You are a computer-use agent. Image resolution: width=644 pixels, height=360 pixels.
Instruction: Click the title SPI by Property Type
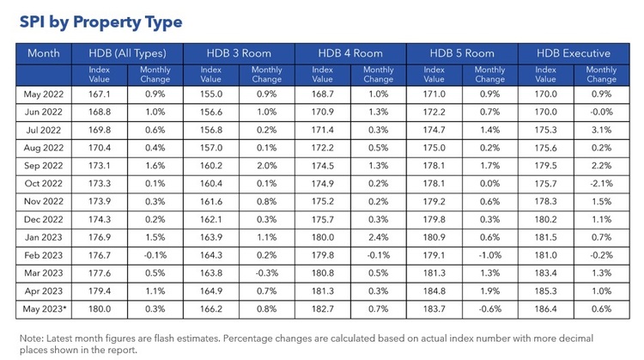100,21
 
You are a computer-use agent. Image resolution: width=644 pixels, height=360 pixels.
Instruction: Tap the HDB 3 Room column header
239,53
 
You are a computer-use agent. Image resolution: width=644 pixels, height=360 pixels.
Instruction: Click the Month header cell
44,53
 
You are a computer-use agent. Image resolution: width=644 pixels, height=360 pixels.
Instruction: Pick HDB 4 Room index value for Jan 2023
323,237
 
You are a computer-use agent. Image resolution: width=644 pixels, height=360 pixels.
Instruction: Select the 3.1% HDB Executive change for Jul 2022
602,129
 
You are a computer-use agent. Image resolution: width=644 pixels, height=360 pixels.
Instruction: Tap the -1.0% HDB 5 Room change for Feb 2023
490,255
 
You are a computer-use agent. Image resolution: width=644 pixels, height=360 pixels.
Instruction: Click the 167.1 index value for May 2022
100,93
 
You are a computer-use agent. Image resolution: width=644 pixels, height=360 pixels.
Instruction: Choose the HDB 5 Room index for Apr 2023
434,291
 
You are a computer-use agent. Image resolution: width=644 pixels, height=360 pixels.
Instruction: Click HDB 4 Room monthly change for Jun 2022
379,111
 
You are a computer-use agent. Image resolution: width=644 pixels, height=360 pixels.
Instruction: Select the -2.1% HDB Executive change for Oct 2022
602,183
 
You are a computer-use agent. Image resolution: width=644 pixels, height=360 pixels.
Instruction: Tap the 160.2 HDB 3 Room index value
211,165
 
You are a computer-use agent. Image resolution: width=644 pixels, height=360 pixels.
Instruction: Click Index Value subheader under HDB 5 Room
434,75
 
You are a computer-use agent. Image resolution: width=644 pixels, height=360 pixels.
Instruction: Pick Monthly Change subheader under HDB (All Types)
155,75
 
